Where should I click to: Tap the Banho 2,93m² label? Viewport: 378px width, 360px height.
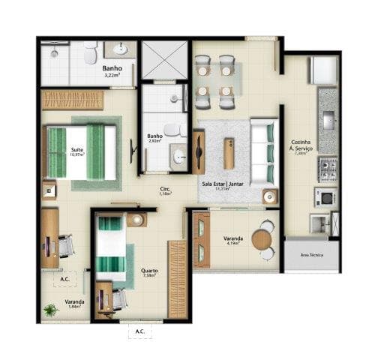pyautogui.click(x=156, y=138)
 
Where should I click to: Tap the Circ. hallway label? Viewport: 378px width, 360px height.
pyautogui.click(x=165, y=190)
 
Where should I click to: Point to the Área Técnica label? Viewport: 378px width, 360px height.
pyautogui.click(x=311, y=256)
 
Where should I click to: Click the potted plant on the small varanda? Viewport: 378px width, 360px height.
pyautogui.click(x=51, y=308)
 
